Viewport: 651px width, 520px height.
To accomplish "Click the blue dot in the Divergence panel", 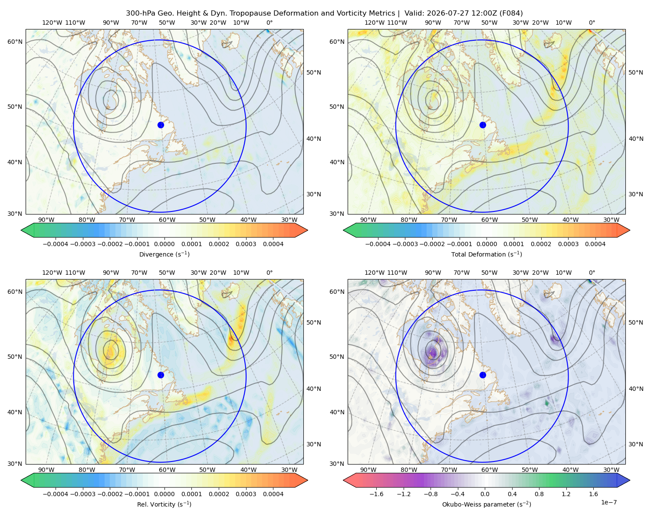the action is point(161,125).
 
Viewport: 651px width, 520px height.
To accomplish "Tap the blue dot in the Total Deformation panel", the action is point(483,125).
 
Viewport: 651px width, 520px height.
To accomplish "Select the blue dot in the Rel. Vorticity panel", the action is point(161,375).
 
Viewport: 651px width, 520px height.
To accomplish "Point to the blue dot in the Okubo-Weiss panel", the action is point(483,375).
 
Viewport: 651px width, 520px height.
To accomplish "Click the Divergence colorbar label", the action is point(164,254).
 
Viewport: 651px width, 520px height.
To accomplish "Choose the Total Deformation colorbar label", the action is point(487,254).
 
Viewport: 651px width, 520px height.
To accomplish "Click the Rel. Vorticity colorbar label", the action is point(164,504).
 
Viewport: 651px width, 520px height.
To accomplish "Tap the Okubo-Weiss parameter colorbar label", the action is point(487,504).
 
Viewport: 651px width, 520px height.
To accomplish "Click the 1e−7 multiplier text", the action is point(608,502).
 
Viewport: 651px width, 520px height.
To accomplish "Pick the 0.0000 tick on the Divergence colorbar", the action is point(164,244).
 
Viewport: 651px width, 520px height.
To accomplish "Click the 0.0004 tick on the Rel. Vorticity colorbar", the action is point(273,494).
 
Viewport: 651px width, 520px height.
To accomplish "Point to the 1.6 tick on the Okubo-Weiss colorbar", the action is point(593,494).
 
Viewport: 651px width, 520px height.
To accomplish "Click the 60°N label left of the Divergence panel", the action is point(15,42).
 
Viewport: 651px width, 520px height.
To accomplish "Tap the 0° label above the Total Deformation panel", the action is point(592,23).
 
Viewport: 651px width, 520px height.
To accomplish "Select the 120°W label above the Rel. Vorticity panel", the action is point(52,273).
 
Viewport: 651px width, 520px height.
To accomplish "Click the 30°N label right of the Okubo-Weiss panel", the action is point(636,444).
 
